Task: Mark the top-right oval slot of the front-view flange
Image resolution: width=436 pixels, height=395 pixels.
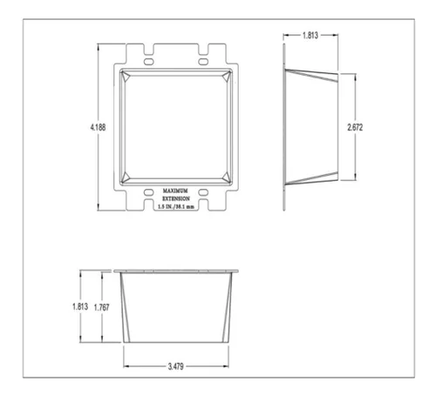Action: point(201,64)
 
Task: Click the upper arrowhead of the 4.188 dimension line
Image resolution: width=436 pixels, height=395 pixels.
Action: point(99,43)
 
